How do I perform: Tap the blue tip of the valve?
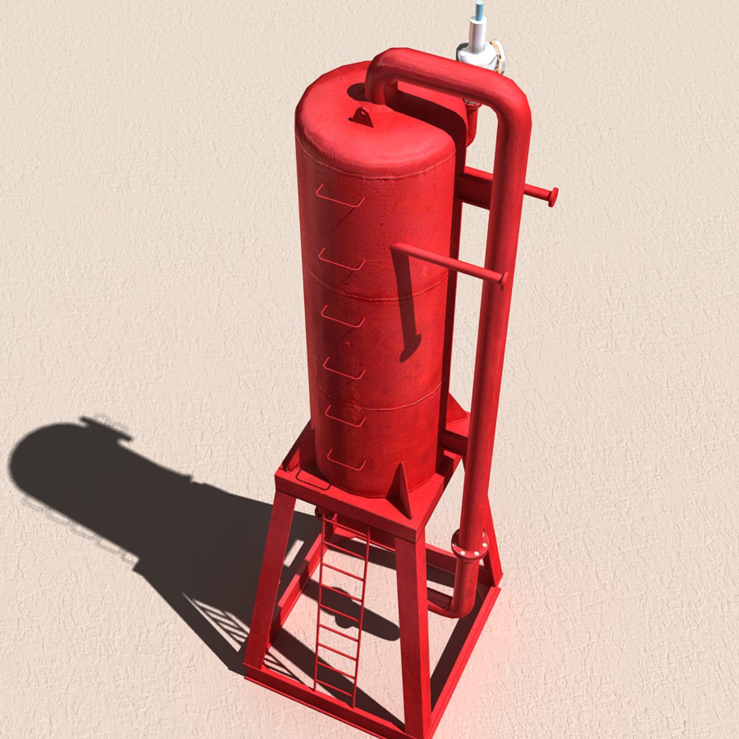(x=479, y=9)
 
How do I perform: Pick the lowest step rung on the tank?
(x=346, y=463)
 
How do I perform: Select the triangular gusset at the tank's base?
(x=400, y=489)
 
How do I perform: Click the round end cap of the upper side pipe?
(x=552, y=196)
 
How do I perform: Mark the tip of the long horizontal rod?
(x=504, y=278)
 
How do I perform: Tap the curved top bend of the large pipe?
(x=397, y=65)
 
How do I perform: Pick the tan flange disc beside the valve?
(x=499, y=56)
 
